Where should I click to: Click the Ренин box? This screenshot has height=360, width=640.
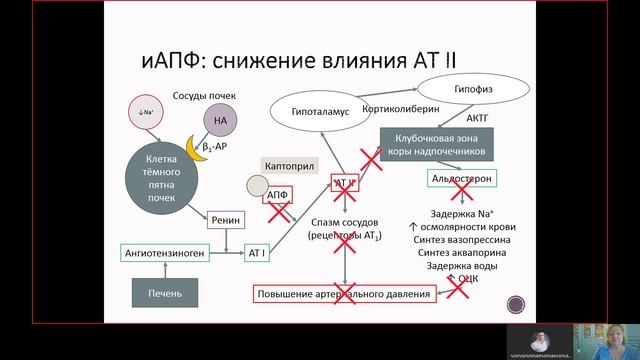click(x=227, y=220)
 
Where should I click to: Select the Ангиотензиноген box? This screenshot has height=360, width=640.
click(x=166, y=253)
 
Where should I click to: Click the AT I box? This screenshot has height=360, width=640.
click(x=257, y=253)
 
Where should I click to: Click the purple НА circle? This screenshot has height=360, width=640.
click(x=221, y=121)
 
